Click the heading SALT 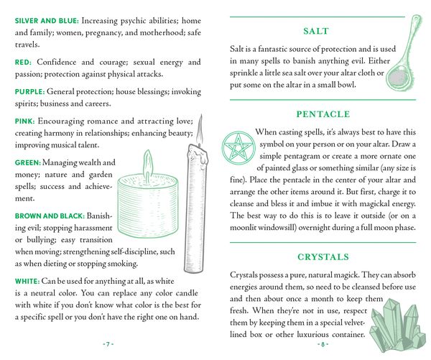click(316, 31)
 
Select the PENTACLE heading click(323, 114)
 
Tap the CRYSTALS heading click(323, 257)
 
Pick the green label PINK click(24, 121)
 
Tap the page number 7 click(108, 344)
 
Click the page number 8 click(323, 344)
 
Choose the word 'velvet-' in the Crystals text click(350, 320)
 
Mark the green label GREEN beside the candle click(27, 163)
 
